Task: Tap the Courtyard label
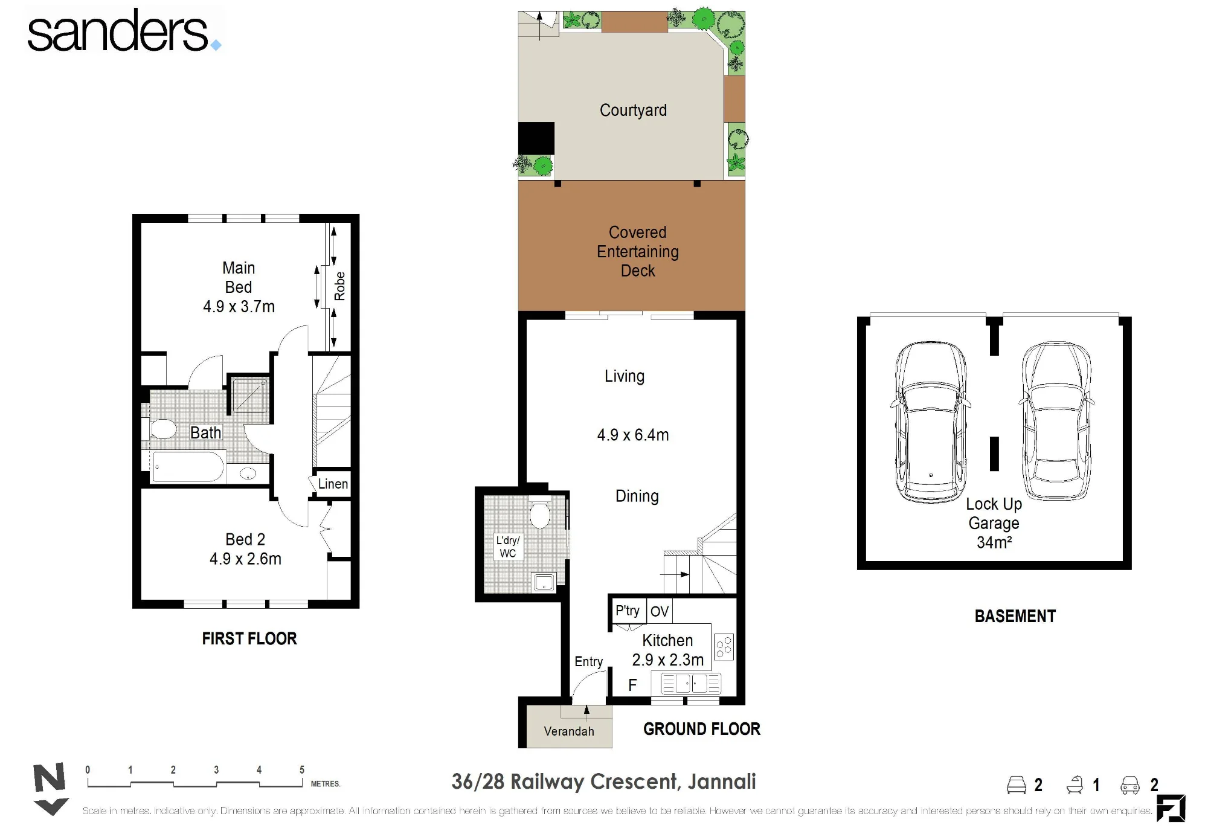(x=633, y=110)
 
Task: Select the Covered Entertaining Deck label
(x=638, y=251)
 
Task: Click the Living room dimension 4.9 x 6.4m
(x=633, y=435)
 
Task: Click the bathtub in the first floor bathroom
(x=188, y=467)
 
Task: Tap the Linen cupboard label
(x=333, y=484)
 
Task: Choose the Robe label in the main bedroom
(x=340, y=286)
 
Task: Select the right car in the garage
(x=1057, y=421)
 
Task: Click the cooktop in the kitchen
(x=724, y=646)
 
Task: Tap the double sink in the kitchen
(x=691, y=684)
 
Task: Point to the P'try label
(x=627, y=611)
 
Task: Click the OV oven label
(x=659, y=612)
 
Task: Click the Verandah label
(x=569, y=731)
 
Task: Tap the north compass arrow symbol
(x=50, y=789)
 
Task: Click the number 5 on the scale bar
(x=302, y=769)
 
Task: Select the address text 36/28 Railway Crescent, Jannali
(x=603, y=781)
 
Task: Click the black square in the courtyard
(x=536, y=138)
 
